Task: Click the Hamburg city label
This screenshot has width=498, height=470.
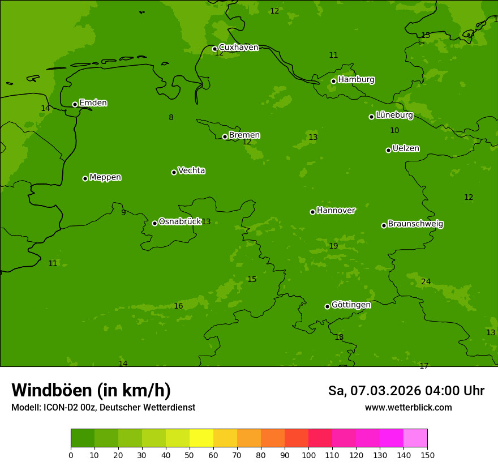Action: pos(356,80)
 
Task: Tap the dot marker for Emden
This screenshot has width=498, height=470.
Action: pos(75,104)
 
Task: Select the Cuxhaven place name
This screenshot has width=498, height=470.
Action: pos(238,48)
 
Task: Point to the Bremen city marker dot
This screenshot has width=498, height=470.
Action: pos(225,136)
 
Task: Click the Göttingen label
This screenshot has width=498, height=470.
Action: pos(351,305)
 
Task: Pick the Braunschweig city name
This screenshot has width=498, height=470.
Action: pos(415,224)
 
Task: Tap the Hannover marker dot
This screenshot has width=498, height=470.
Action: pos(312,212)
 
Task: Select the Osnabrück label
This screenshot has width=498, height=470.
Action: pos(179,222)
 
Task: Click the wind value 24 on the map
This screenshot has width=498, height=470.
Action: pos(426,282)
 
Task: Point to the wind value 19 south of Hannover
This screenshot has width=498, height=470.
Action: pos(333,246)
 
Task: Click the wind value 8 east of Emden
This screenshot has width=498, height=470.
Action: pos(171,118)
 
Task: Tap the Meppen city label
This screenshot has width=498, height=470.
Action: pos(105,178)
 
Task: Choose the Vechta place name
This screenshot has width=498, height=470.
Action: pos(191,171)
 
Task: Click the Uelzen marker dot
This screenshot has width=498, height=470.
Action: pos(388,150)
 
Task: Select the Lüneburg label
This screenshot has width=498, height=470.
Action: pos(394,116)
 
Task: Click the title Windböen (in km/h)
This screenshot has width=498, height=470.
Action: pos(91,390)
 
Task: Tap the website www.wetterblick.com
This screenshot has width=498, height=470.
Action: pos(408,408)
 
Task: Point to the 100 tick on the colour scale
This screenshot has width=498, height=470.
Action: pos(308,455)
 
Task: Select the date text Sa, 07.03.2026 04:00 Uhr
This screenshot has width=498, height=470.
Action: pos(406,391)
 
